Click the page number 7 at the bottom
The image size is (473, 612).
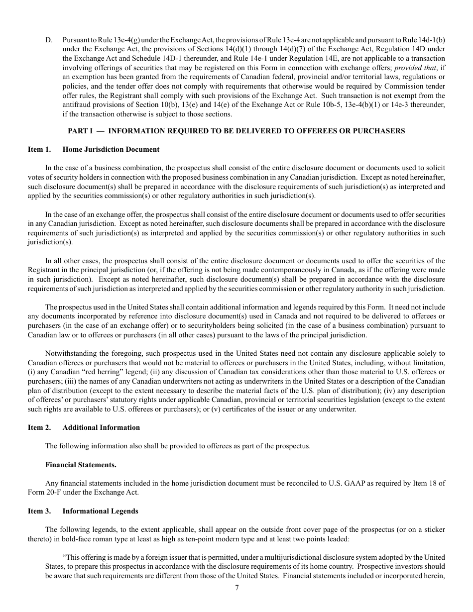237,588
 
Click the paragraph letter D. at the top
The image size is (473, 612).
48,39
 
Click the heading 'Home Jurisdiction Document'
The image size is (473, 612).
111,149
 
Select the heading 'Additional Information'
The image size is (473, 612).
101,427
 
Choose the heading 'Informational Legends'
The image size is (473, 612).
100,511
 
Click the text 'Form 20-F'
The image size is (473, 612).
43,493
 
